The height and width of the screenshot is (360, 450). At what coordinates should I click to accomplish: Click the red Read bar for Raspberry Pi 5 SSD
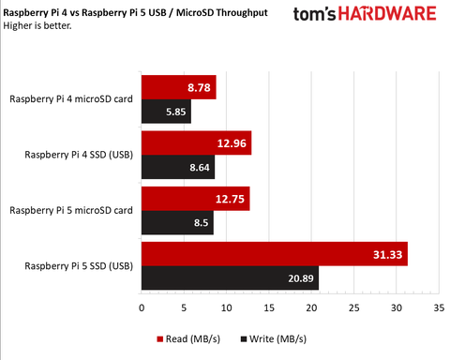click(x=274, y=253)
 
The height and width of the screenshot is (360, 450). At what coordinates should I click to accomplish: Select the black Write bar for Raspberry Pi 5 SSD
click(x=230, y=277)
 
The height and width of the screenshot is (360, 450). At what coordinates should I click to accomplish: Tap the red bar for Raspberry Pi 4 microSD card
click(x=178, y=87)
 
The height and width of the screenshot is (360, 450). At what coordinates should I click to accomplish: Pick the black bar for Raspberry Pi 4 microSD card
click(x=166, y=112)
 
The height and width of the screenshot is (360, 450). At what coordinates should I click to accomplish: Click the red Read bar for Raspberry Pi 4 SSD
click(x=196, y=142)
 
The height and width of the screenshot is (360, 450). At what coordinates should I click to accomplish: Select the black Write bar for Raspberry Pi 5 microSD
click(x=177, y=223)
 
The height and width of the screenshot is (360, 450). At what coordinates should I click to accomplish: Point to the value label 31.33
click(x=385, y=254)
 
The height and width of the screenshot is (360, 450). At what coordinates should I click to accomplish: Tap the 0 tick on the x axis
click(x=142, y=307)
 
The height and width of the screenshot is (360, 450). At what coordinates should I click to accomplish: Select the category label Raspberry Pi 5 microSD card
click(x=70, y=210)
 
